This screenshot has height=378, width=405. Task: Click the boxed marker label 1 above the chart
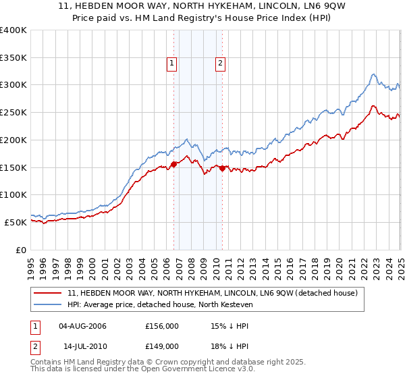click(x=172, y=64)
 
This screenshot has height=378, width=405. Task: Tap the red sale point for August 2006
click(x=173, y=164)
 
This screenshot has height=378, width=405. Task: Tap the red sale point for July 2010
click(x=222, y=168)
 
